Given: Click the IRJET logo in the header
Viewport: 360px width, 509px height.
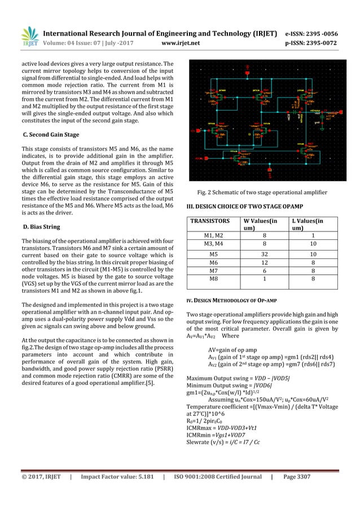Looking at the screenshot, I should (29, 35).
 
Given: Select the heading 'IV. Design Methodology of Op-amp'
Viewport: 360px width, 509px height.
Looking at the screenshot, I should (231, 299).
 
